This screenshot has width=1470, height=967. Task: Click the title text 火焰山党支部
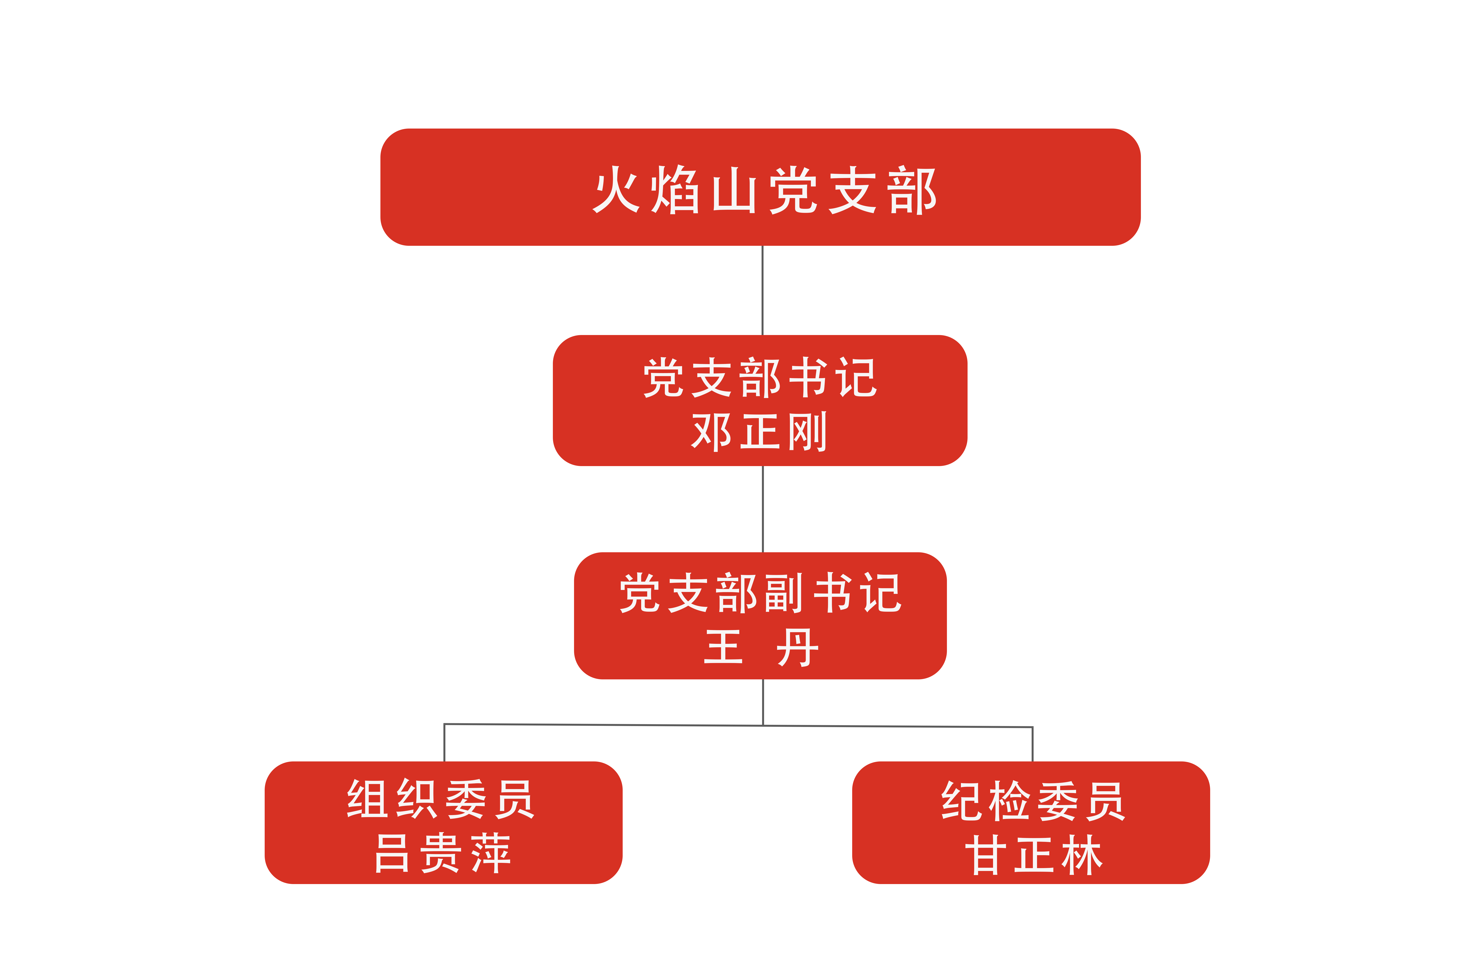tap(765, 190)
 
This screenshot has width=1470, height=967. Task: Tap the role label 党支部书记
tap(760, 377)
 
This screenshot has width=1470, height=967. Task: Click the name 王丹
tap(762, 648)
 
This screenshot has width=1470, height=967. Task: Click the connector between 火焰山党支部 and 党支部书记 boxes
tap(762, 290)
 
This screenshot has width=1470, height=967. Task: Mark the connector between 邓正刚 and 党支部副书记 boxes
tap(763, 509)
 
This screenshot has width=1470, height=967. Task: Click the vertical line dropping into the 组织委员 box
tap(444, 743)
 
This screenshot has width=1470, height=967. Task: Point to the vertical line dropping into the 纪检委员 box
tap(1032, 745)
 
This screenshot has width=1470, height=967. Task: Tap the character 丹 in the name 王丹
tap(799, 648)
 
